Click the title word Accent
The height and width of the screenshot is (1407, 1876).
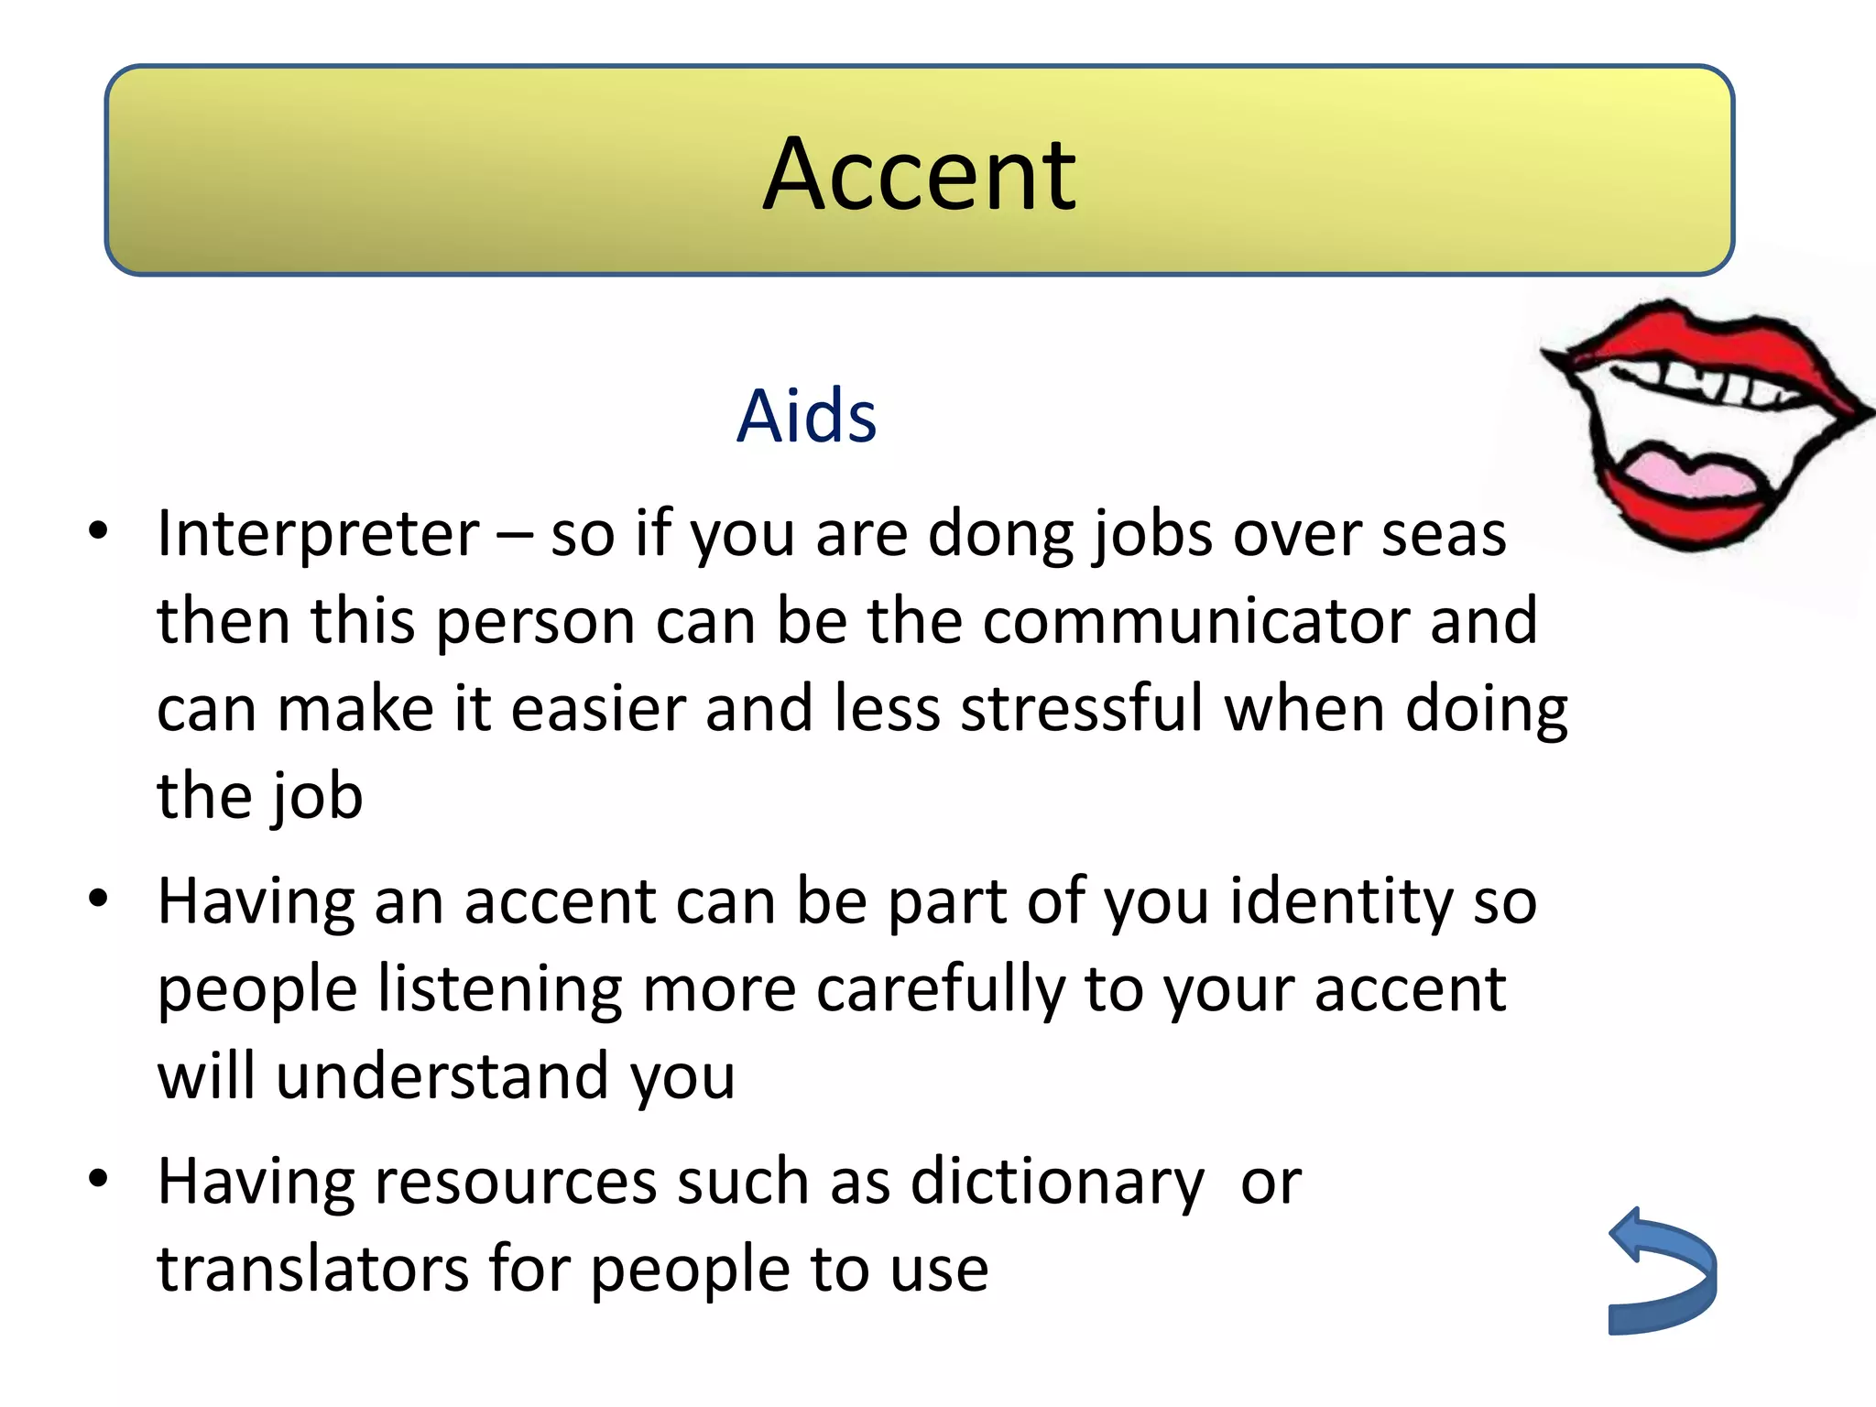point(919,174)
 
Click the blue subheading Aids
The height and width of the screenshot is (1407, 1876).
point(806,417)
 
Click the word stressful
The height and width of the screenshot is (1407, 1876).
point(1082,709)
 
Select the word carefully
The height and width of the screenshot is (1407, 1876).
point(940,990)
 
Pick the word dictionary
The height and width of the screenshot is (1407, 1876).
point(1058,1182)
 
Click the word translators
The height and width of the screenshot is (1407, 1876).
point(312,1270)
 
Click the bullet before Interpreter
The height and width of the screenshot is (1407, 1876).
point(98,531)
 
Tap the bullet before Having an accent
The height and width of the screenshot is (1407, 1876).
point(98,900)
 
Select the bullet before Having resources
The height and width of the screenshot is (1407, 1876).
point(98,1180)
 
